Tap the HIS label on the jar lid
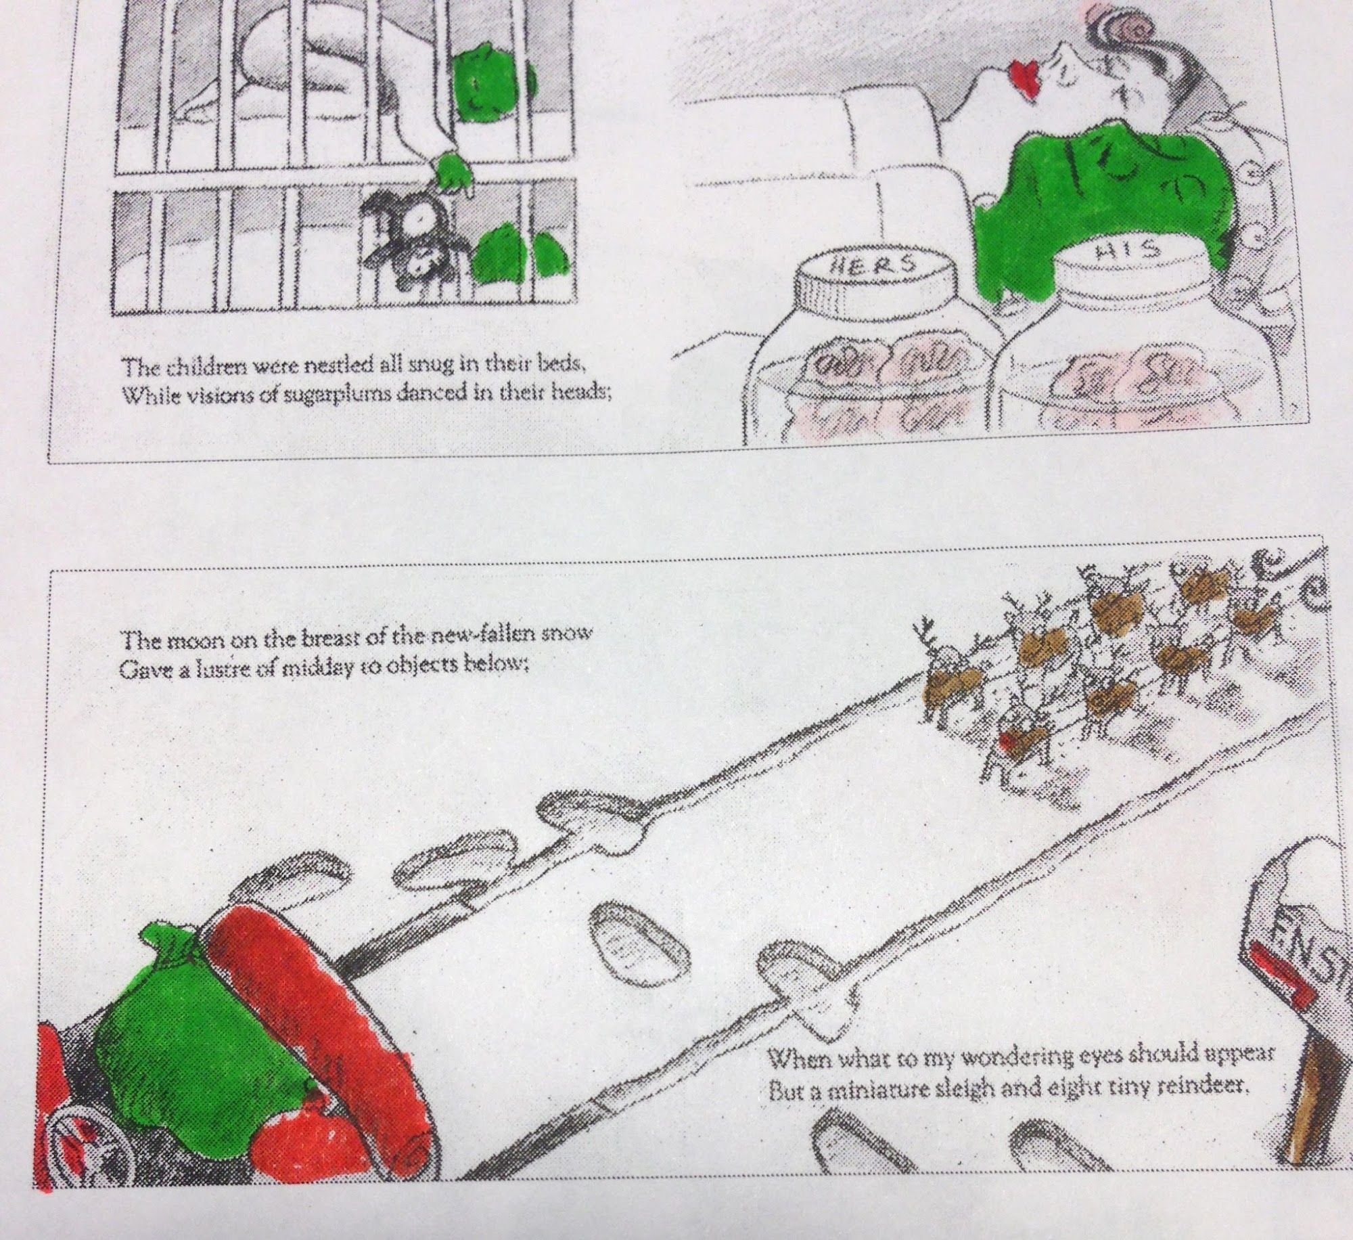point(1134,253)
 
